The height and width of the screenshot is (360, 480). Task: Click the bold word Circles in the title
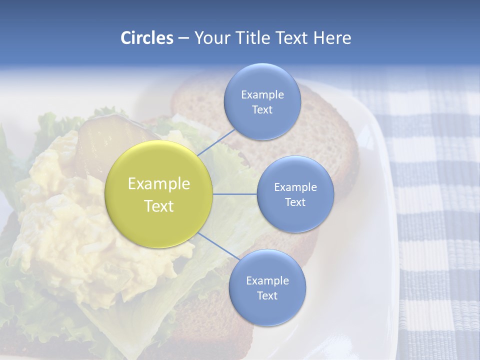pos(147,38)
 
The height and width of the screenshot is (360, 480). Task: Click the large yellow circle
pos(159,194)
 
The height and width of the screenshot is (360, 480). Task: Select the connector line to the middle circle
pos(235,194)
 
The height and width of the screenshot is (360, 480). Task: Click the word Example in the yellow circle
pos(159,183)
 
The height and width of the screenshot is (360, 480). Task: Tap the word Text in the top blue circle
pos(262,109)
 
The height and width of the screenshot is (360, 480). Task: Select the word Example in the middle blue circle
pos(295,187)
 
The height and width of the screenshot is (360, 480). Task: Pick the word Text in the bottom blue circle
pos(267,295)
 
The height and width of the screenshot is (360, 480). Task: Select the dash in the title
pos(183,38)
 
